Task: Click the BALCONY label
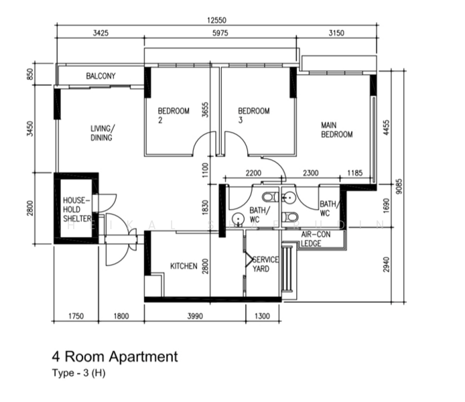pyautogui.click(x=101, y=76)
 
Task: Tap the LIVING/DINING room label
pyautogui.click(x=102, y=133)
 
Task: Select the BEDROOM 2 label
pyautogui.click(x=174, y=115)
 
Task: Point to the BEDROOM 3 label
pyautogui.click(x=254, y=115)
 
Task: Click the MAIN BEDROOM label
pyautogui.click(x=336, y=129)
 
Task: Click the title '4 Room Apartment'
pyautogui.click(x=115, y=356)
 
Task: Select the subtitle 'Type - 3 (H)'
pyautogui.click(x=79, y=373)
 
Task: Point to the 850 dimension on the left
pyautogui.click(x=29, y=74)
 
